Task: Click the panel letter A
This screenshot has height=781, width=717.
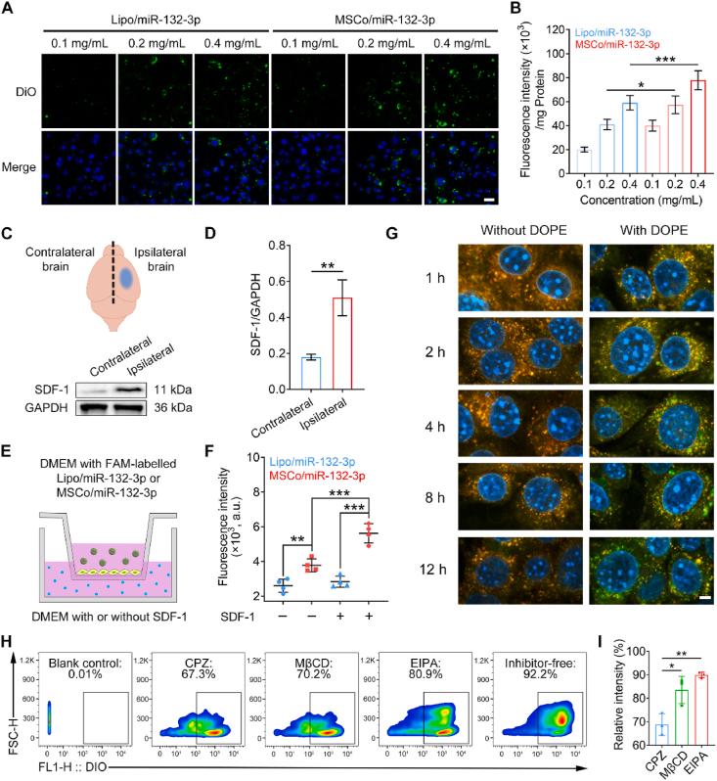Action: point(10,10)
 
